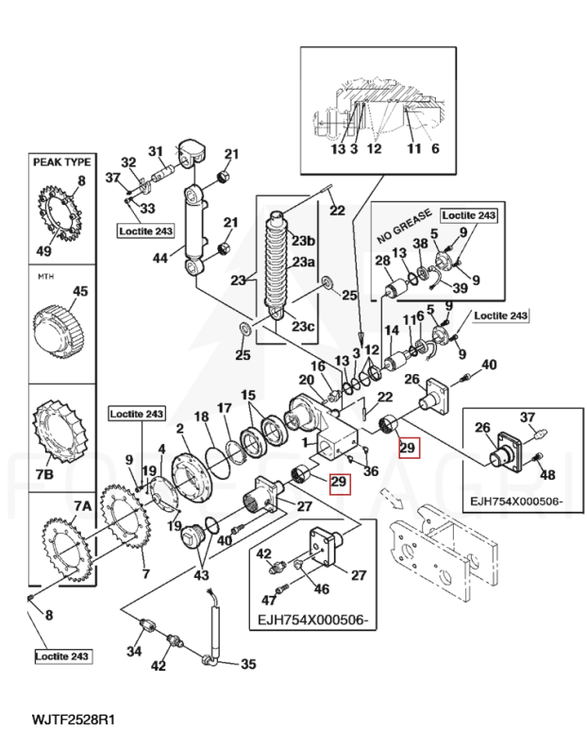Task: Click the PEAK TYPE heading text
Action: (62, 162)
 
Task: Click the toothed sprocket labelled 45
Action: (59, 326)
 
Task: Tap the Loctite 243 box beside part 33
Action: (146, 230)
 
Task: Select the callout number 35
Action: (248, 664)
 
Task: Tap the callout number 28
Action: (382, 260)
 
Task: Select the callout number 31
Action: (156, 150)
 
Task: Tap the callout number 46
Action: (322, 587)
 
